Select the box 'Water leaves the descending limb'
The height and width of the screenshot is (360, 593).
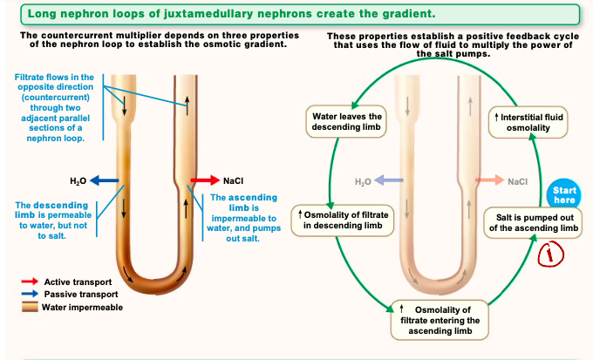(x=347, y=122)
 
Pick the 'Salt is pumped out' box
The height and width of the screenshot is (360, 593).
(x=534, y=223)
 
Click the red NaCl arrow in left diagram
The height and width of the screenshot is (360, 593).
(x=205, y=180)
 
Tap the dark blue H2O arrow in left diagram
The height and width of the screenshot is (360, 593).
(x=105, y=180)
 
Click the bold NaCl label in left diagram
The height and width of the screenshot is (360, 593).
(x=233, y=180)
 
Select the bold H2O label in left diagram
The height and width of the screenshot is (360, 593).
(x=78, y=180)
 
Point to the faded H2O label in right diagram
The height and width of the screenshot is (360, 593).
(x=364, y=181)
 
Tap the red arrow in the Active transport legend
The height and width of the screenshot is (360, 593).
(x=29, y=282)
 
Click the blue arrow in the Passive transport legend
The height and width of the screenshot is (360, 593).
(x=29, y=295)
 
